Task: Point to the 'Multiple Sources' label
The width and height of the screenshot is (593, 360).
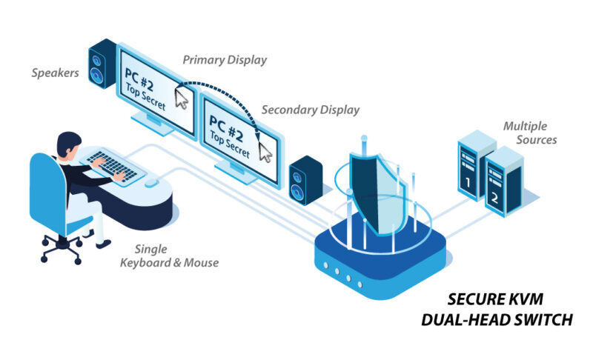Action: click(530, 133)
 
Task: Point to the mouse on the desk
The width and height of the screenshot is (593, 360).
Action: click(151, 182)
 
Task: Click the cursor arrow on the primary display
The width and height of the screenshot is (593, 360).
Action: click(181, 98)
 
